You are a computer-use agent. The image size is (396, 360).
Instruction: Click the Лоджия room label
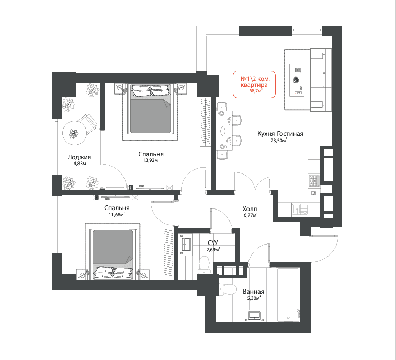79,157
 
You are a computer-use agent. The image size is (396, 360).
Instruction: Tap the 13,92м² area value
151,160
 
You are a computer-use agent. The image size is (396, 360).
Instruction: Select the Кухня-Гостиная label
280,134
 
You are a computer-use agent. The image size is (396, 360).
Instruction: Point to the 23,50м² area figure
279,141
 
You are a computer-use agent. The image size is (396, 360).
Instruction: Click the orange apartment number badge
254,84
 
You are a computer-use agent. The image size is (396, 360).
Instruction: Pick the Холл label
250,209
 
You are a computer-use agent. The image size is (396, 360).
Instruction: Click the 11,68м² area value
117,215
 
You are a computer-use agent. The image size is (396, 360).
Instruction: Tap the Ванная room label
253,292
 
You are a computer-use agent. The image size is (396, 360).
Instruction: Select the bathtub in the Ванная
288,295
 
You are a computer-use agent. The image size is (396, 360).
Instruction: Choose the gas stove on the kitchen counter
314,181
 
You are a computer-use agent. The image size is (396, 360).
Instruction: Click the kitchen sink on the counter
300,210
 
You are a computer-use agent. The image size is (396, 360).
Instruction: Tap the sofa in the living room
321,80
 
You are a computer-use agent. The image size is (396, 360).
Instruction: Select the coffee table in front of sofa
297,80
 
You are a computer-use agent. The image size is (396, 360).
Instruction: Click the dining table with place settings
224,131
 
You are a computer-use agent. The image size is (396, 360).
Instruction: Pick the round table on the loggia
75,133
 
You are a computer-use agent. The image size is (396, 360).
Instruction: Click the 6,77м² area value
250,215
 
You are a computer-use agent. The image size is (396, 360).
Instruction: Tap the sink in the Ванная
255,316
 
